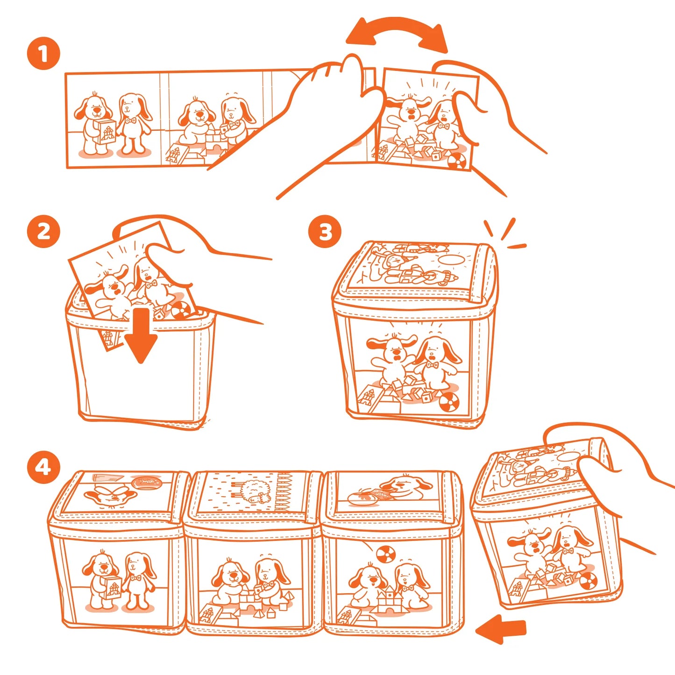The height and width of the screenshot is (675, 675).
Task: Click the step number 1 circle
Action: (43, 54)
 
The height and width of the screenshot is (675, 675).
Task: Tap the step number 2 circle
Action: (43, 232)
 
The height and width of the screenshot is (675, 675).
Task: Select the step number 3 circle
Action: (325, 232)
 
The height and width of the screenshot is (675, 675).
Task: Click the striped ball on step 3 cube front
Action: (449, 403)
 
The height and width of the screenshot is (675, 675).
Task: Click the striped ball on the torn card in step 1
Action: (457, 162)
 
